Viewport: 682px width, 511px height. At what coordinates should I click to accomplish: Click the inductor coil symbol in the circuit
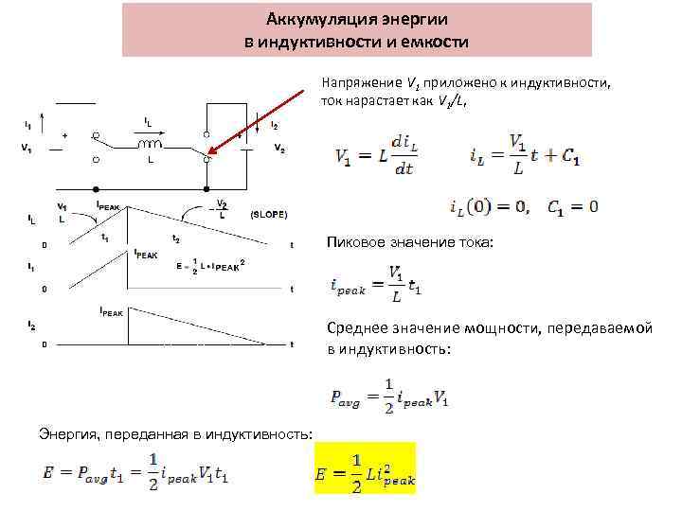[150, 145]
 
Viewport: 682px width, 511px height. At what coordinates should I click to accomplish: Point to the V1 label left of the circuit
[26, 147]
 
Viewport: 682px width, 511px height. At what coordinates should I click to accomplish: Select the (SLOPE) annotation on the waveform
[268, 214]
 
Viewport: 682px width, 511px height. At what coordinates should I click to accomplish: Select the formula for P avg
[389, 394]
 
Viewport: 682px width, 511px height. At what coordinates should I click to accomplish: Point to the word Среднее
[357, 327]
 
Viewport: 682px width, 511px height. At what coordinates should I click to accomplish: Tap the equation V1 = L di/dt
[374, 156]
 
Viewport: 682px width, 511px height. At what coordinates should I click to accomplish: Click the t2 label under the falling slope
[176, 238]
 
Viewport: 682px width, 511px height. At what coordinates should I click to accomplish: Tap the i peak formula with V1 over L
[376, 283]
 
